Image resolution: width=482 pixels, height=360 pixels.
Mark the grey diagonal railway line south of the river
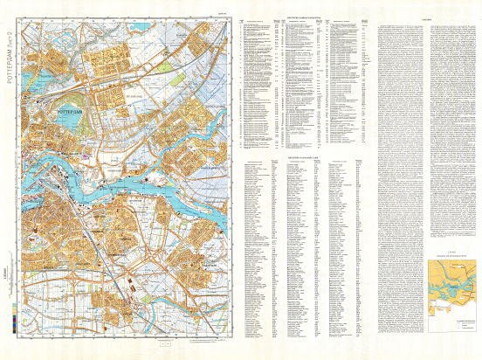tap(96, 245)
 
